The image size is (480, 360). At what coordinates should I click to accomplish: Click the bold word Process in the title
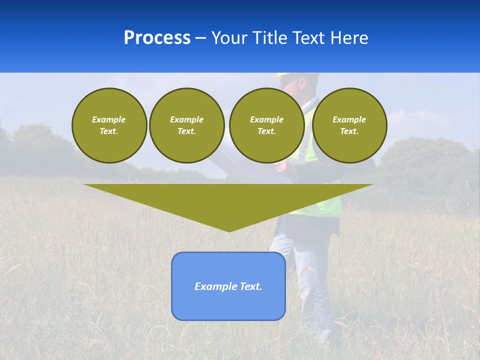tap(157, 37)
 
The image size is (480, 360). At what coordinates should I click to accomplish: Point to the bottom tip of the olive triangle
tap(229, 230)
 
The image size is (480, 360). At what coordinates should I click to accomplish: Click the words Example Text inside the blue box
tap(228, 286)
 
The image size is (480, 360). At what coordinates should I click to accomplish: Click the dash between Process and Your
tap(201, 38)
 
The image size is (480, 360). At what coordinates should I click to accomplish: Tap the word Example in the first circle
tap(109, 119)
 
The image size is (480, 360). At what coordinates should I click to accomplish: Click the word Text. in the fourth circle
tap(349, 131)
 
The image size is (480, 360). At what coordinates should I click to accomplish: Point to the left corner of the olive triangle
tap(85, 185)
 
